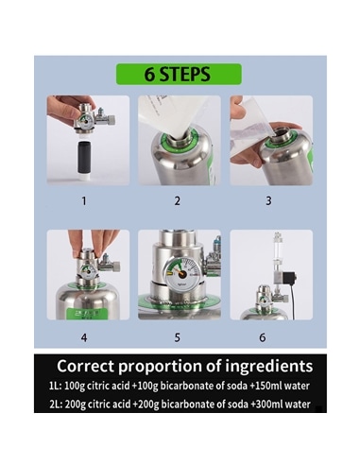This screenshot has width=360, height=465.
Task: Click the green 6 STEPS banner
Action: [x=179, y=74]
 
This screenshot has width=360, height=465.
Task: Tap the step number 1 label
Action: [x=84, y=200]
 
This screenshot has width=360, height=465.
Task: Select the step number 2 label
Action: [x=178, y=200]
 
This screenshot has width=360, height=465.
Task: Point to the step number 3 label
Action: [x=268, y=200]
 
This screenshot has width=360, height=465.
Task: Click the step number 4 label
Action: [x=84, y=337]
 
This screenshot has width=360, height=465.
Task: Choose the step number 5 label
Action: [x=178, y=337]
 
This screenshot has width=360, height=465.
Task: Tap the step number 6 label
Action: [x=263, y=337]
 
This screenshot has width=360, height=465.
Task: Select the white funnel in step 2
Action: [x=172, y=116]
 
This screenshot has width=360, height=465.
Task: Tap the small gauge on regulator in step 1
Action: [x=85, y=121]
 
